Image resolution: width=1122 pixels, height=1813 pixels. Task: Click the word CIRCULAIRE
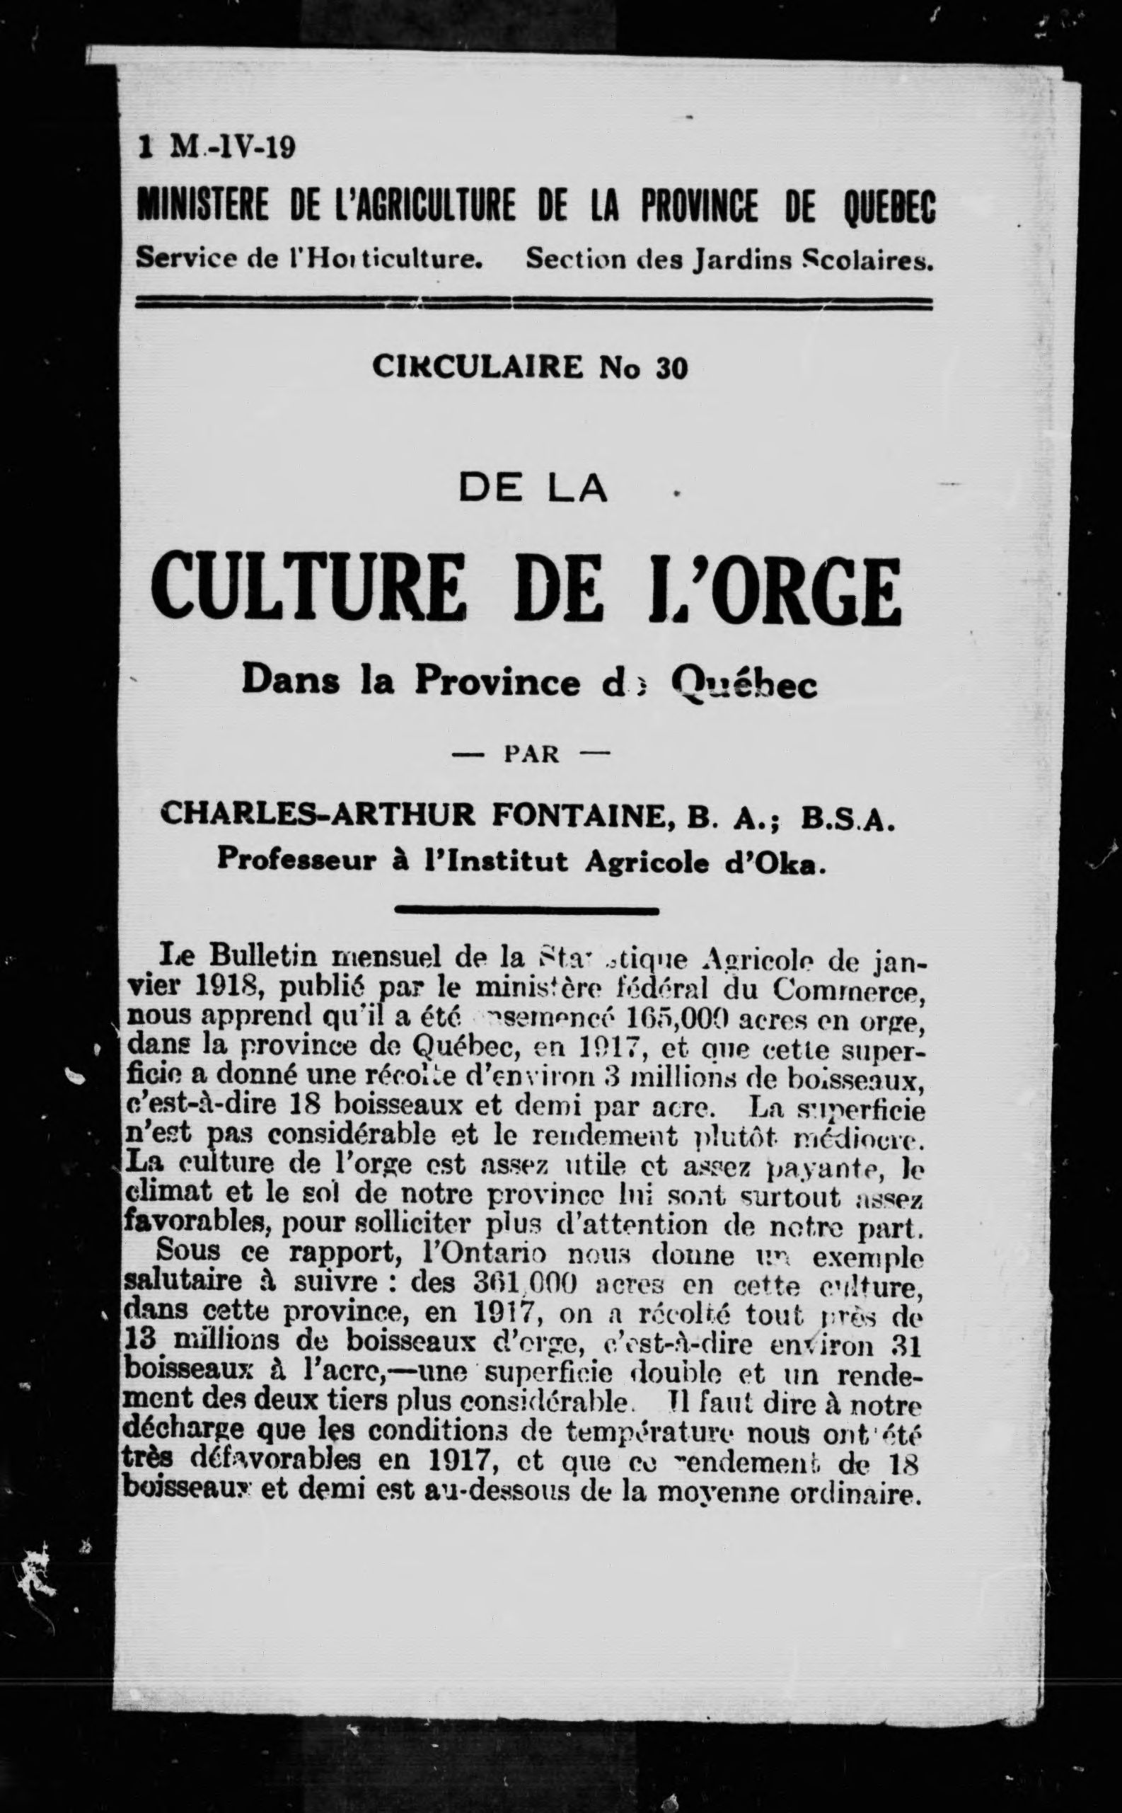(479, 368)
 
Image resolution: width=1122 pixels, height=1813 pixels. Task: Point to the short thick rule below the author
(528, 909)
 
